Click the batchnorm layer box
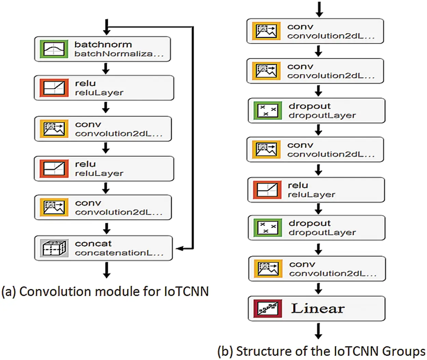point(102,49)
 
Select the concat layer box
point(104,248)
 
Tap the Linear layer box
point(317,308)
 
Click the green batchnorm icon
point(54,49)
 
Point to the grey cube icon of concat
point(54,248)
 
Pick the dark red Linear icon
point(267,308)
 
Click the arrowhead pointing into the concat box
point(179,249)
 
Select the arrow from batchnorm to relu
point(106,69)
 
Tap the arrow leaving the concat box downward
point(107,270)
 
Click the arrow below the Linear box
point(318,331)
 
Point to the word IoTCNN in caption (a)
point(186,291)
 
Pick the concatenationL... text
point(119,253)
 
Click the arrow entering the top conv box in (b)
point(319,10)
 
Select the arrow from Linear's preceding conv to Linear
point(318,288)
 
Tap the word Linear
point(318,308)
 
